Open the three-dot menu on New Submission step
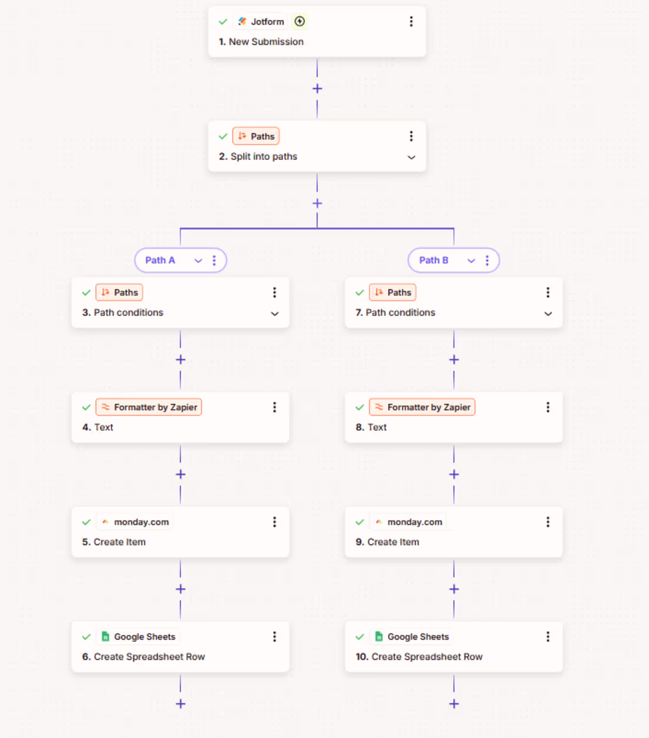tap(411, 22)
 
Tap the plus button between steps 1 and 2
tap(317, 88)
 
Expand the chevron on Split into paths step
tap(411, 158)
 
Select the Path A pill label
tap(160, 260)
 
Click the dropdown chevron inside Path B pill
tap(471, 261)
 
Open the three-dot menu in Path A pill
tap(214, 260)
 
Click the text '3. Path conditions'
tap(123, 313)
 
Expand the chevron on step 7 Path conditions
tap(548, 314)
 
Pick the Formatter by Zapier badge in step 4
tap(149, 407)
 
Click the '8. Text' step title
tap(371, 427)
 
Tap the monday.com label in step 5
tap(141, 522)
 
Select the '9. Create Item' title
tap(387, 542)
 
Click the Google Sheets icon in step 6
tap(106, 637)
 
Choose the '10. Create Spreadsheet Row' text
tap(419, 657)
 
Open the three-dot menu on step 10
tap(548, 637)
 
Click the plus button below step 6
tap(181, 704)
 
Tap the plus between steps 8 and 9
tap(454, 474)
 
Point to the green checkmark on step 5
tap(87, 522)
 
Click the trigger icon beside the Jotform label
tap(300, 22)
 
